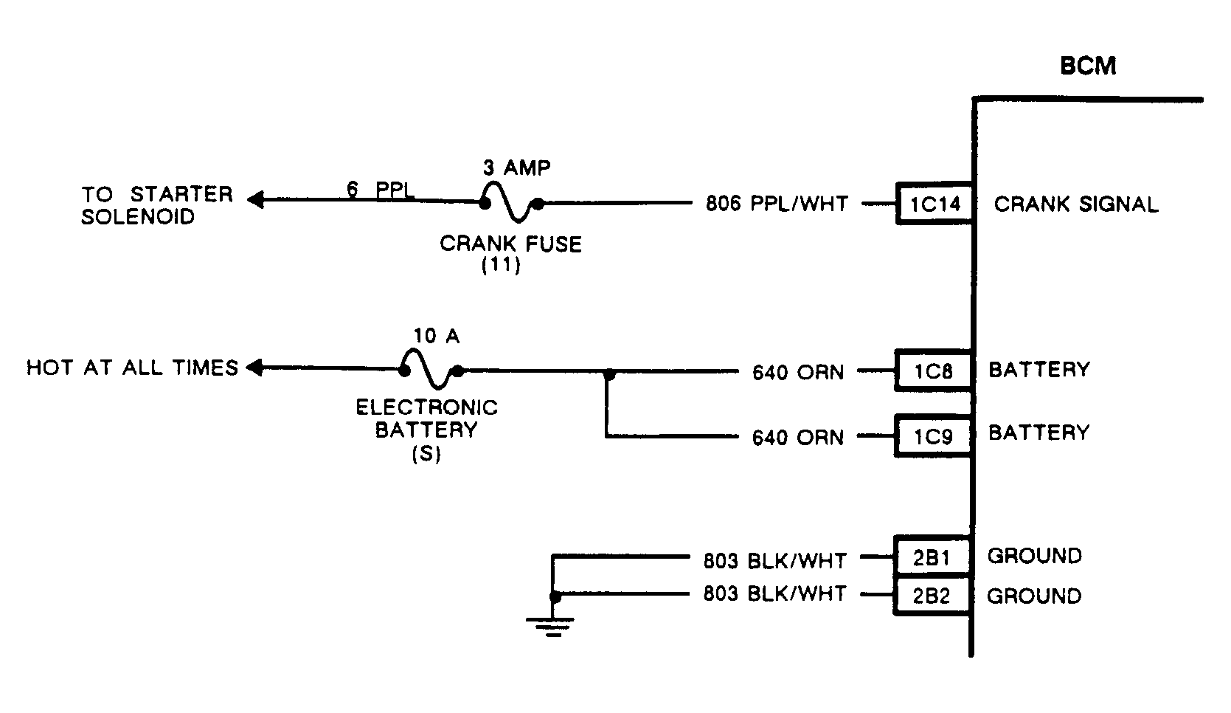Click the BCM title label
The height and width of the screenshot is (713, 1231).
[x=1087, y=66]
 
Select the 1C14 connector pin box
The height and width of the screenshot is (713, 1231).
[x=934, y=204]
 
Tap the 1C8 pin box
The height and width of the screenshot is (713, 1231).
[x=933, y=371]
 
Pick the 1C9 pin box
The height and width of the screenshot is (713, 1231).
[x=933, y=436]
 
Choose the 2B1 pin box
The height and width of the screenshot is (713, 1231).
[x=931, y=557]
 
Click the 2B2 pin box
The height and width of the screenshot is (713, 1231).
[x=931, y=596]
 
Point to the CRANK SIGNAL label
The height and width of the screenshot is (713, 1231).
[x=1075, y=204]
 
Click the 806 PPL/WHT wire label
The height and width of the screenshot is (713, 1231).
[x=777, y=204]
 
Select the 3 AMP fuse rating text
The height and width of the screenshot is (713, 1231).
[x=516, y=168]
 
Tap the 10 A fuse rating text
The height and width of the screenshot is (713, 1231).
[x=436, y=337]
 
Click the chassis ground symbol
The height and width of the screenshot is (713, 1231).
[x=550, y=626]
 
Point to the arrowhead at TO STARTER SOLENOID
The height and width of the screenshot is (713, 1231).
[x=254, y=199]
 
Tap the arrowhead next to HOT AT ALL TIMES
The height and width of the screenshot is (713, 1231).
[x=253, y=367]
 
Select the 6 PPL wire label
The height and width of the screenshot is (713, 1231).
[x=380, y=189]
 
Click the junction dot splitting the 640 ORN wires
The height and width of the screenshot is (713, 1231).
[x=608, y=375]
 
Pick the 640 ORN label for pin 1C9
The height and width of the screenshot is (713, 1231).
[x=797, y=438]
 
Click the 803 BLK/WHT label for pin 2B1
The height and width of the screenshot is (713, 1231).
[x=774, y=561]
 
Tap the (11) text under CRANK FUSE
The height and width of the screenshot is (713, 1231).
[x=501, y=266]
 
